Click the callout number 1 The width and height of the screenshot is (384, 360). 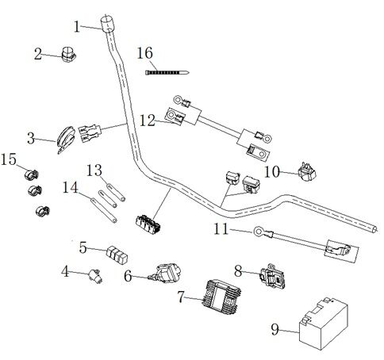(x=77, y=26)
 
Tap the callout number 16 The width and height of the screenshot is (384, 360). (x=144, y=53)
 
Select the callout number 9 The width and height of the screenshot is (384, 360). (x=275, y=327)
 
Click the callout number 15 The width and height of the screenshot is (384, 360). (x=9, y=161)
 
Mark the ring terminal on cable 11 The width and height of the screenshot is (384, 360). (x=257, y=232)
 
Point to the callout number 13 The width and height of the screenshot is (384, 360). (x=94, y=170)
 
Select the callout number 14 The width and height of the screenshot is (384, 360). (x=70, y=188)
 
